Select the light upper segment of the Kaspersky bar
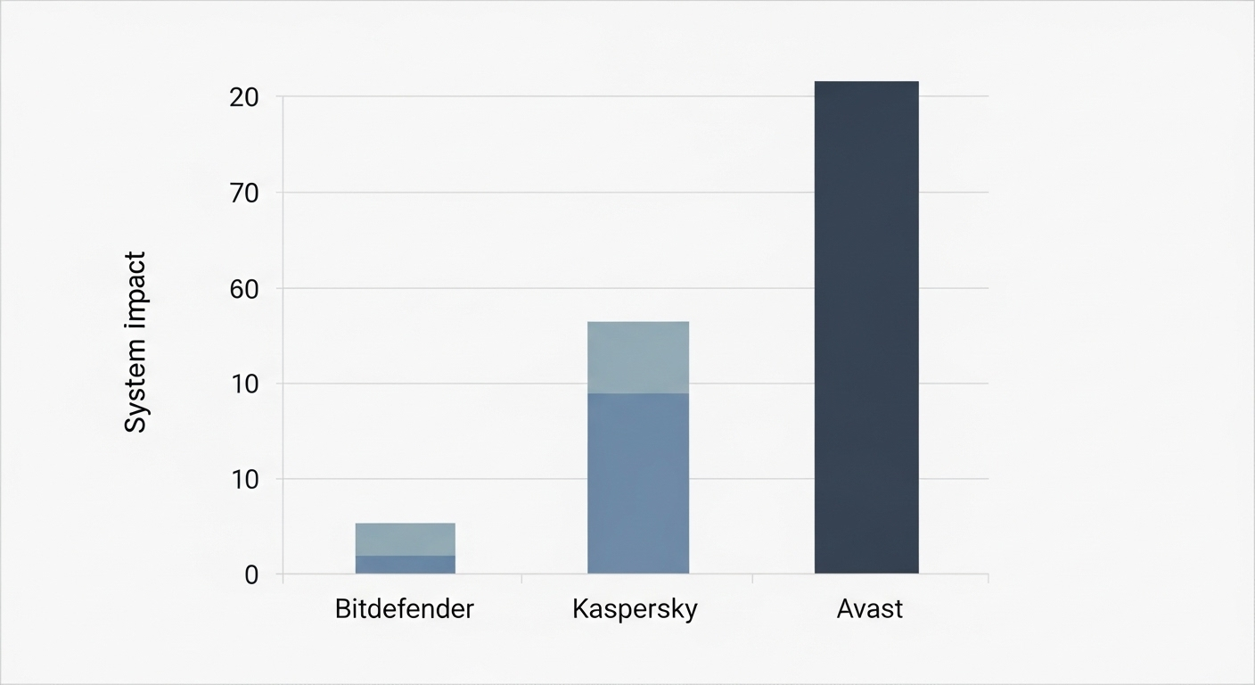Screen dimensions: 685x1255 click(x=638, y=357)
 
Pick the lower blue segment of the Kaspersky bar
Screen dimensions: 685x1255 click(x=638, y=483)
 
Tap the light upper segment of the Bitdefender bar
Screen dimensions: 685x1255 click(x=406, y=539)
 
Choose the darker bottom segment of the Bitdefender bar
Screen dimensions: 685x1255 click(x=406, y=565)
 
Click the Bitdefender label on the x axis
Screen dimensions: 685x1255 click(x=405, y=609)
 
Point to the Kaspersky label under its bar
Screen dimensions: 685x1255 click(x=635, y=610)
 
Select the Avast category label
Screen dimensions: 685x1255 click(x=870, y=609)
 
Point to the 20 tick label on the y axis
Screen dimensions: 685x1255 click(x=243, y=97)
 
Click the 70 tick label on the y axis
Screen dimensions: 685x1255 click(x=243, y=193)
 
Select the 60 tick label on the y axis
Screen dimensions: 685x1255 click(x=243, y=289)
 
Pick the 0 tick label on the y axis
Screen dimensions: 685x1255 click(x=251, y=575)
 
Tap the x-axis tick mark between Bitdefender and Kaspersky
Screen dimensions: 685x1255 click(x=521, y=579)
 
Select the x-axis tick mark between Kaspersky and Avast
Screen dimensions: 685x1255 click(x=753, y=579)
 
